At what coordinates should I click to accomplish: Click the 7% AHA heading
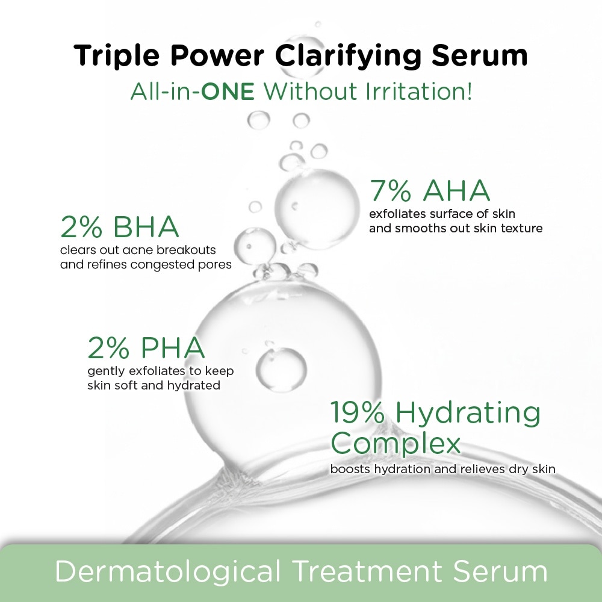[430, 191]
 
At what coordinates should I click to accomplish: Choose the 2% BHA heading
[120, 228]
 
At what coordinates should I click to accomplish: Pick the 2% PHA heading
[146, 348]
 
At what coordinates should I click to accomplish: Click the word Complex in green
[396, 444]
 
